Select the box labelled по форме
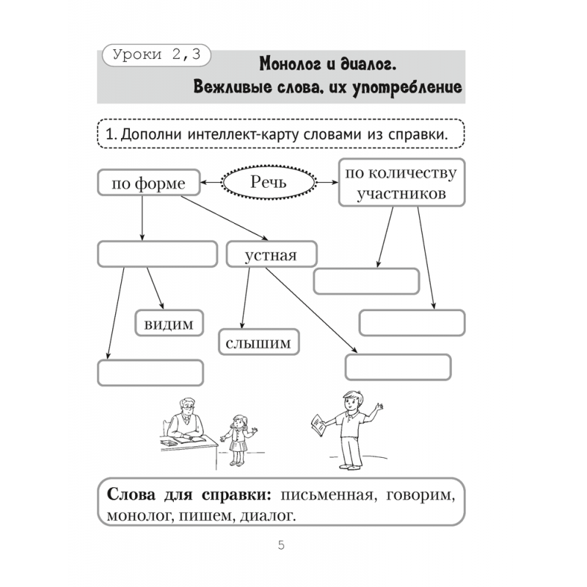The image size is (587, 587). click(148, 183)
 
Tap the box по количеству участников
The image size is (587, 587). click(401, 183)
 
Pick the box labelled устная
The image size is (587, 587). click(271, 255)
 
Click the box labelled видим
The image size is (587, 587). click(169, 323)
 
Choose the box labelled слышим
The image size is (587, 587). click(259, 342)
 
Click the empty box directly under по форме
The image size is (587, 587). click(157, 254)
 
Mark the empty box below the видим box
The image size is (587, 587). click(150, 372)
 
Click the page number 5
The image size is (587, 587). click(281, 545)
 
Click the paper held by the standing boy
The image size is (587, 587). click(317, 425)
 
